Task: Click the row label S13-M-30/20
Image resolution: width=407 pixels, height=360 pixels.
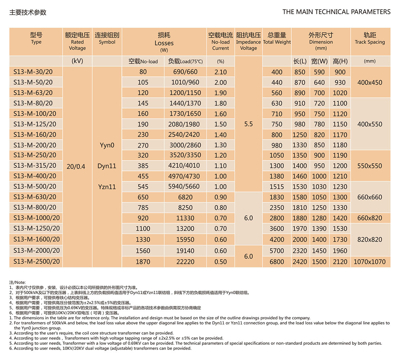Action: pos(33,72)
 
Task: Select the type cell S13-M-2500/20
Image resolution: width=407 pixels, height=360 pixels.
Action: pos(36,262)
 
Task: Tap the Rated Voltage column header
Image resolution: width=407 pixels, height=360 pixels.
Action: pos(77,41)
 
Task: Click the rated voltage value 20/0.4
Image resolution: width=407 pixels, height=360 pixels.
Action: pos(76,167)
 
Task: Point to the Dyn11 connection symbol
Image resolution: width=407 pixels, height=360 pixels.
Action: pos(107,166)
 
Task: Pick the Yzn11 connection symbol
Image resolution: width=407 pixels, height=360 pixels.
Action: pos(107,187)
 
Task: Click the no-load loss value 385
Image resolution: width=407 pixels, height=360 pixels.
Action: pos(143,166)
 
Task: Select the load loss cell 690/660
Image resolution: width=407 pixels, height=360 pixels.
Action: pos(185,72)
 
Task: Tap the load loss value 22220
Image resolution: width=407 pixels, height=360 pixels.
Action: pos(185,262)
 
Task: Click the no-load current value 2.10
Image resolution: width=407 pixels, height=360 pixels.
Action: pos(220,72)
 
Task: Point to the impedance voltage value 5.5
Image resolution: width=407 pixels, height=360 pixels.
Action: pos(249,124)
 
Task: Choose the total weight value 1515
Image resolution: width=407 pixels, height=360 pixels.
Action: pos(277,187)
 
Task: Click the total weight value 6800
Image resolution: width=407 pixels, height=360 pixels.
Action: pos(277,262)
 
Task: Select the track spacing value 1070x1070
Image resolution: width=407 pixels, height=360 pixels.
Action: pos(370,262)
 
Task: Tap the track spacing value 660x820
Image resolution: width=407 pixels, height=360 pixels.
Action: pos(370,218)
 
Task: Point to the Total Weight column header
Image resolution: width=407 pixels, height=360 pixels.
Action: pos(277,38)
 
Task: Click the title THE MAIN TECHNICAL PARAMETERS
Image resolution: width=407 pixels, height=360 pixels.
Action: pos(336,12)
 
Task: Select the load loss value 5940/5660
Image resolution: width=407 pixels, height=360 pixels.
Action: pos(185,187)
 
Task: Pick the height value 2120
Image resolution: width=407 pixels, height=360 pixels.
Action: pos(340,262)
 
